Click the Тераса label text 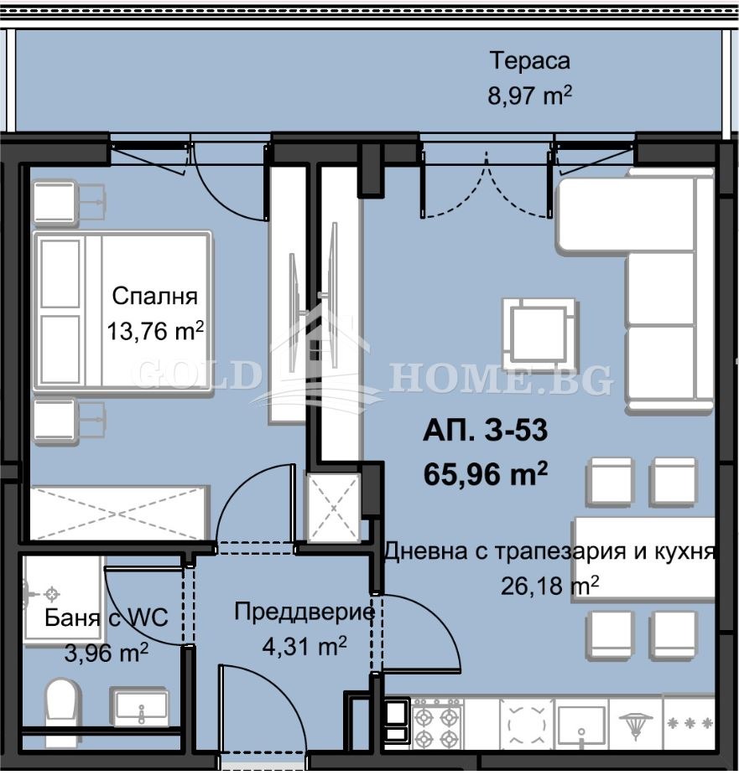point(529,61)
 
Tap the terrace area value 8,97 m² point(529,95)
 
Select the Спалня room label point(154,297)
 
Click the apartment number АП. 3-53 point(486,431)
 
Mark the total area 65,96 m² point(486,474)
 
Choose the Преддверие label point(304,612)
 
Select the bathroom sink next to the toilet point(140,708)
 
